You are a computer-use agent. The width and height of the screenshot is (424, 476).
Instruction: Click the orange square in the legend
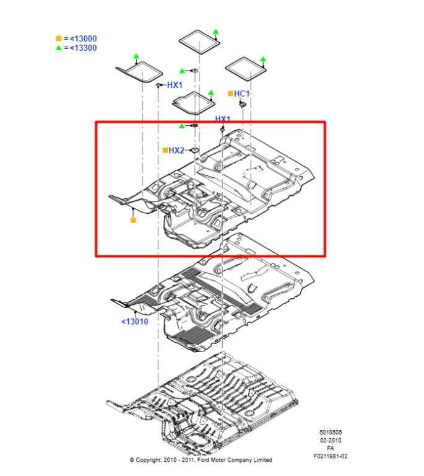tap(58, 38)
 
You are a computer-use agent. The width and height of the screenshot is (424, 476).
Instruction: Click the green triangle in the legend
tap(58, 48)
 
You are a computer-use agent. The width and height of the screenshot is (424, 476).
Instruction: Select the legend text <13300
tap(82, 48)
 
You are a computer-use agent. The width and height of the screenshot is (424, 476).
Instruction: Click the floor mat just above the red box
tap(194, 102)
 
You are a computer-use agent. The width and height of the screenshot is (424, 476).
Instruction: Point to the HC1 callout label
tap(241, 94)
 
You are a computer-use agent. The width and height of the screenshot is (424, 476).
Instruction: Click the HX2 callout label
tap(176, 150)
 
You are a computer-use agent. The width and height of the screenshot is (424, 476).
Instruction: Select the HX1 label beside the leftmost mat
tap(175, 85)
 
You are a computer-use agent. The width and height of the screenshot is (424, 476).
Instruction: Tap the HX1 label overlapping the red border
tap(222, 118)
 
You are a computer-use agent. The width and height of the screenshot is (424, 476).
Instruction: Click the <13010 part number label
tap(134, 322)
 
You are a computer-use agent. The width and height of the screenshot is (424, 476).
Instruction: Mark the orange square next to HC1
tap(230, 94)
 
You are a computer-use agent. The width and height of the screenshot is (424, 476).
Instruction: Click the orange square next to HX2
tap(165, 150)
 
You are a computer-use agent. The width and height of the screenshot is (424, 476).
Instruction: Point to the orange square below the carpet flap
tap(132, 220)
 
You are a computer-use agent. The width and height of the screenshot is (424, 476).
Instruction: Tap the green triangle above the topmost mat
tap(215, 30)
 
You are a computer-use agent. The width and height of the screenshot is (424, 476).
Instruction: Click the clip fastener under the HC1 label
tap(243, 107)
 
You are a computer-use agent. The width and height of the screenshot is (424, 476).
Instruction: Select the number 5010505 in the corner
tap(330, 432)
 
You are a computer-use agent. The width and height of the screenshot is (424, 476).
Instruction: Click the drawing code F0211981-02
tap(330, 456)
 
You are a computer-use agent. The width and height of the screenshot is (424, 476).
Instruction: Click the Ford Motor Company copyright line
tap(201, 460)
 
